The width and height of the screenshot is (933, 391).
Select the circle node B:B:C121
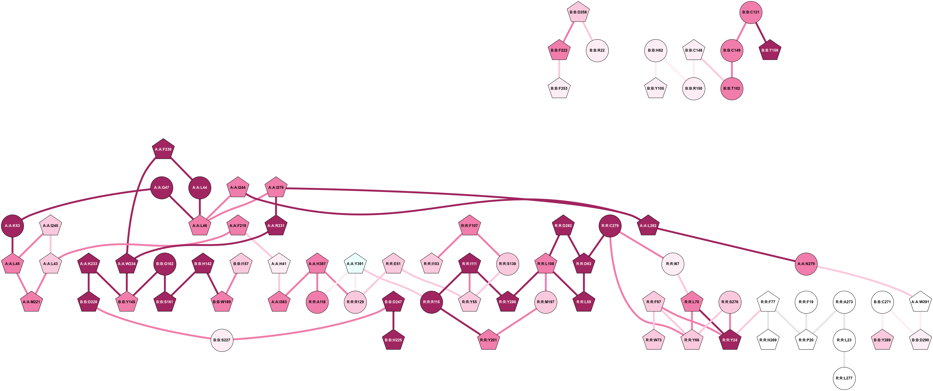[751, 12]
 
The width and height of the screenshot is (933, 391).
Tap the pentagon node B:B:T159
[770, 50]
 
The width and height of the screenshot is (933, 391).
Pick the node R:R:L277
[844, 378]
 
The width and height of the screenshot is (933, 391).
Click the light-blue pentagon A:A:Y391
[355, 264]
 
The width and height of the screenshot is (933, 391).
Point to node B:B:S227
[222, 340]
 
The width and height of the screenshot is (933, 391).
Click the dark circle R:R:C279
[610, 226]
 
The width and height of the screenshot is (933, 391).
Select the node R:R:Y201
[488, 340]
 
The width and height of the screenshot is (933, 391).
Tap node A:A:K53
[12, 226]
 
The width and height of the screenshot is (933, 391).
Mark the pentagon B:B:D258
[578, 12]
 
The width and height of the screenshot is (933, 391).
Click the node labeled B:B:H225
[393, 340]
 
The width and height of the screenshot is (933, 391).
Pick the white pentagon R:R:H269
[768, 340]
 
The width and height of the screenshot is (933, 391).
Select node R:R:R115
[431, 302]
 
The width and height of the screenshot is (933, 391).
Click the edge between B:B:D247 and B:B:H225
[393, 321]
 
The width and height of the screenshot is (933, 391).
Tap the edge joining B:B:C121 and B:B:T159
[760, 31]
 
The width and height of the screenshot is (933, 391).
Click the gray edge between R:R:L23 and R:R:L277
[844, 359]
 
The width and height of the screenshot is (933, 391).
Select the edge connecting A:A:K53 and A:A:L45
[12, 244]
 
